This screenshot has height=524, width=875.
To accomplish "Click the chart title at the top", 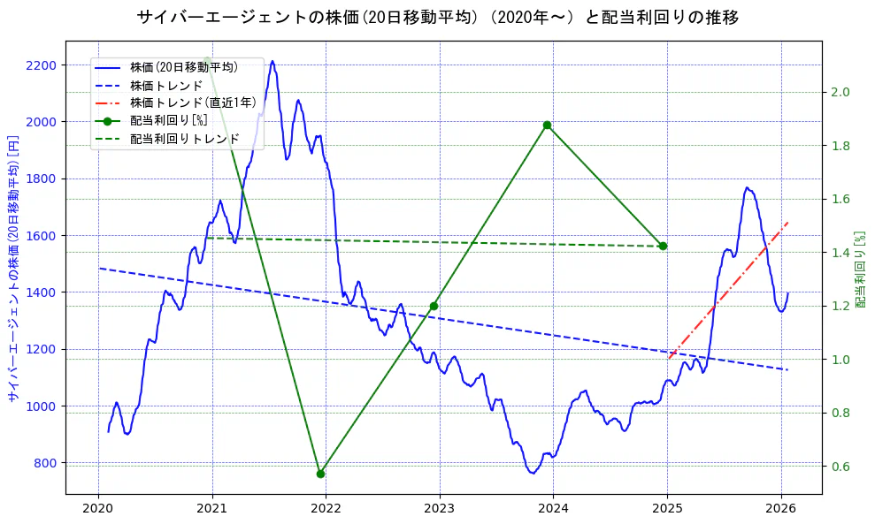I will point(438,17).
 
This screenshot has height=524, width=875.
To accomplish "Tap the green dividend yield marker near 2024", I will point(548,125).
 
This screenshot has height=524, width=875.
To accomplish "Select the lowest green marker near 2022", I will point(320,474).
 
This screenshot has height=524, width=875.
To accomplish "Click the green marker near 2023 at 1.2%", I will point(434,306).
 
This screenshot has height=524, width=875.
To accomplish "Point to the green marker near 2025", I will point(663,246).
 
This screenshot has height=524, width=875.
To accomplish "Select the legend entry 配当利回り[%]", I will point(168,120).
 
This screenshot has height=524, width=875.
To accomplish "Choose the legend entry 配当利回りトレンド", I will point(184,139).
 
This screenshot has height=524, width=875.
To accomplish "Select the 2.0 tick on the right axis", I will point(840,92).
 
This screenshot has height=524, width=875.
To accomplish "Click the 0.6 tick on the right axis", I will point(840,467).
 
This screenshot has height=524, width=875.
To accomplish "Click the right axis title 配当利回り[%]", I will point(861,269).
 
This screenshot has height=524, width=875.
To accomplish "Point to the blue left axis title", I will point(13,269).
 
